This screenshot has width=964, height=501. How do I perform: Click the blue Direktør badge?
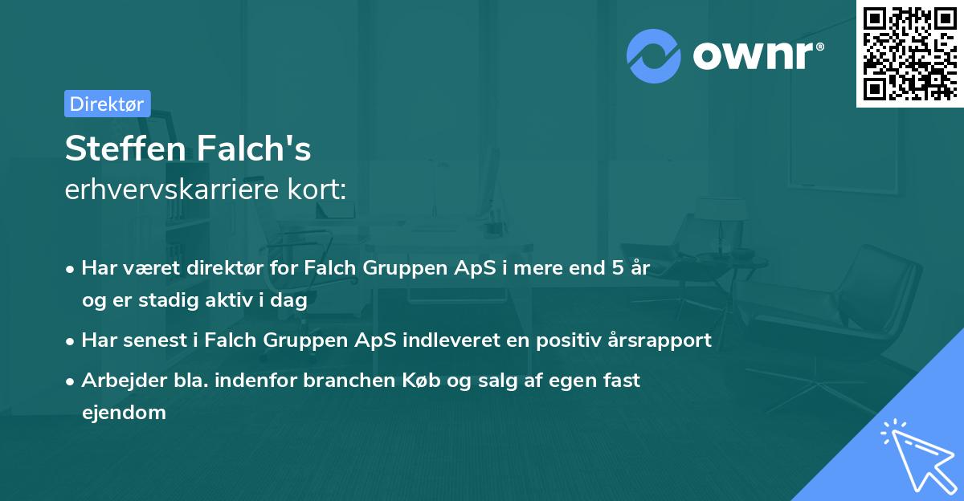107,104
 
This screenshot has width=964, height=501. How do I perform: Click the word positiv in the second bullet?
560,340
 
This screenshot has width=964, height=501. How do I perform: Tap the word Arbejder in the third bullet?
117,381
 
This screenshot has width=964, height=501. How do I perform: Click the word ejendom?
124,413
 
